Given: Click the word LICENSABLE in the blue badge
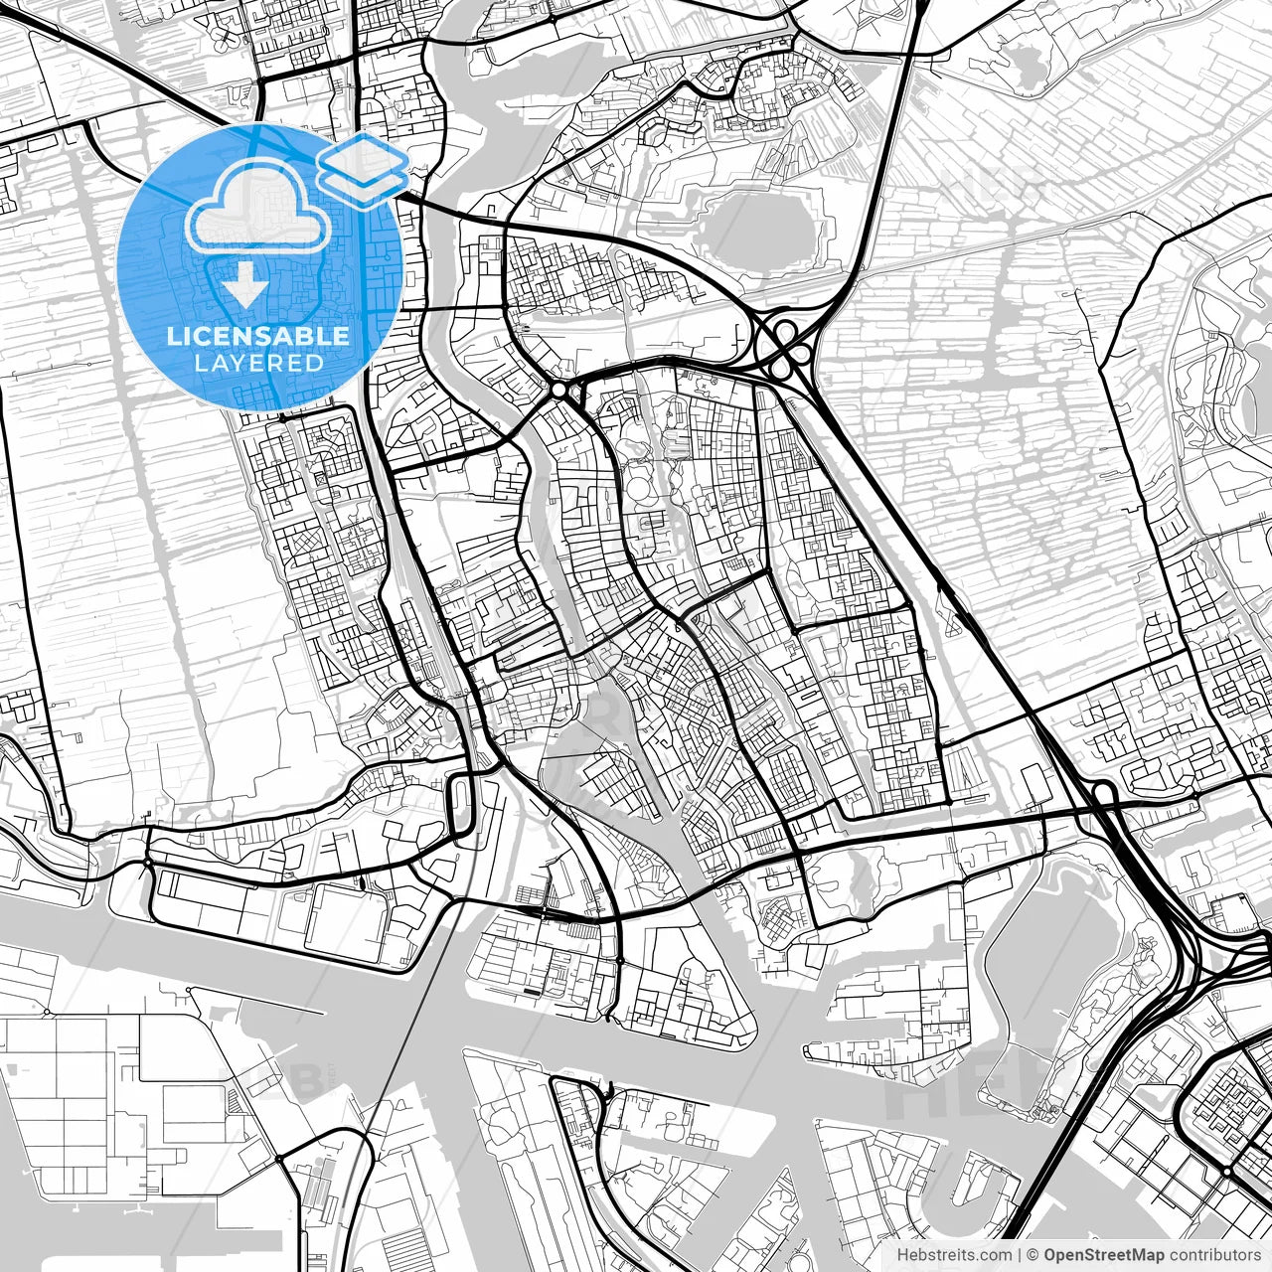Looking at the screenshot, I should (x=258, y=336).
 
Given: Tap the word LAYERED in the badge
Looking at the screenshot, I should (x=258, y=363).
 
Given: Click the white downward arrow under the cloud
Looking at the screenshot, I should (x=243, y=286).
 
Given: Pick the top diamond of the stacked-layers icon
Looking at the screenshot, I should (x=364, y=156).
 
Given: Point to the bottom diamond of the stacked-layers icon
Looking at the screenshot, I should (x=364, y=181).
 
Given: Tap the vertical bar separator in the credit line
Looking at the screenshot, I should (x=1019, y=1255).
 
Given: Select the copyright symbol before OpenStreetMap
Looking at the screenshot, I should (x=1033, y=1255).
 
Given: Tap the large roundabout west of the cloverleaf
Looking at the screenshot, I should (x=560, y=391).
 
